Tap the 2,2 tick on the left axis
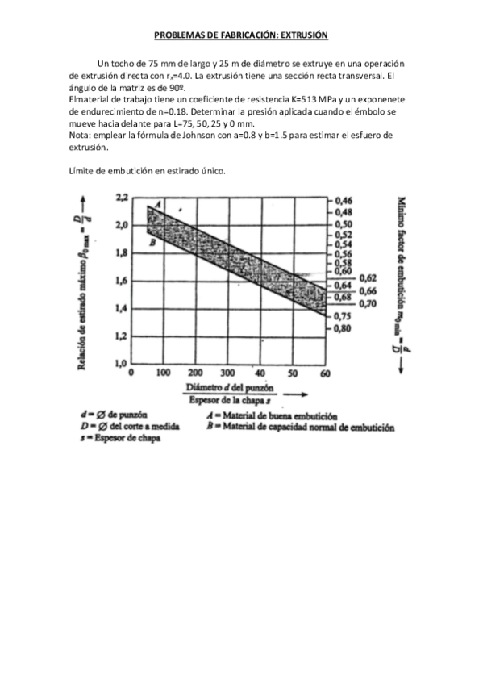click(x=122, y=197)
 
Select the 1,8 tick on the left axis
click(x=122, y=252)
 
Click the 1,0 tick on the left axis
click(x=122, y=362)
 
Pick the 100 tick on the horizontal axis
click(x=162, y=374)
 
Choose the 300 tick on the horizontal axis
click(x=228, y=374)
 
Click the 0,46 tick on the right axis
click(x=344, y=198)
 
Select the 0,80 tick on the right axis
click(x=344, y=329)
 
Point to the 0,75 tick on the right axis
click(x=344, y=317)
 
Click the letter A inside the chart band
click(x=157, y=205)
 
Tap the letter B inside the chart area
click(x=152, y=240)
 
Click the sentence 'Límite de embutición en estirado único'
click(x=148, y=171)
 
